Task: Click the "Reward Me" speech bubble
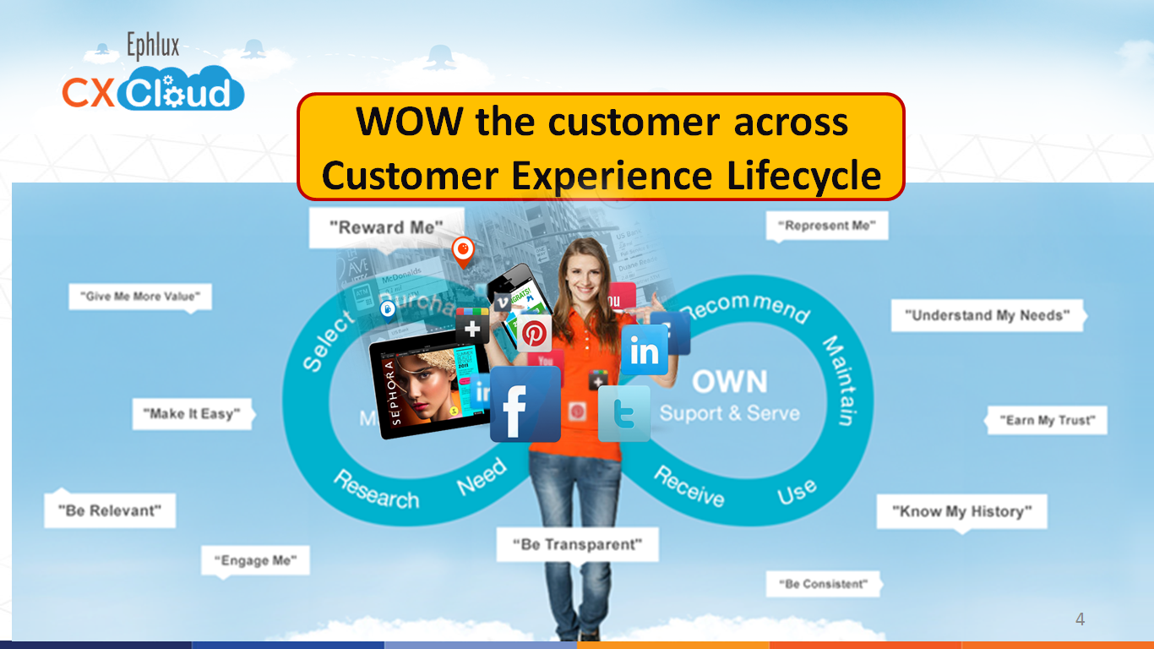tap(386, 227)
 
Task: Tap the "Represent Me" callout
tap(827, 226)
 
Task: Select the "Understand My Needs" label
tap(987, 315)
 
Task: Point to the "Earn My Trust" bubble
tap(1047, 420)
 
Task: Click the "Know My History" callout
tap(961, 511)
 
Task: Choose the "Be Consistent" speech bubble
tap(824, 584)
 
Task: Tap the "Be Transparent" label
tap(577, 544)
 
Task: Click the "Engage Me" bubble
tap(255, 560)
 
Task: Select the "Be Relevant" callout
tap(110, 510)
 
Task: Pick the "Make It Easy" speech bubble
tap(192, 414)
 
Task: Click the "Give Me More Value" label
tap(140, 297)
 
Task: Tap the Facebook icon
tap(525, 404)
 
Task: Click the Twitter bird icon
tap(623, 413)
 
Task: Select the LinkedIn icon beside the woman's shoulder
tap(645, 350)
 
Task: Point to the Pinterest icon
tap(534, 333)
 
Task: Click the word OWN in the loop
tap(729, 382)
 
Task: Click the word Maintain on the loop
tap(841, 380)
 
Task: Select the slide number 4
tap(1080, 619)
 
